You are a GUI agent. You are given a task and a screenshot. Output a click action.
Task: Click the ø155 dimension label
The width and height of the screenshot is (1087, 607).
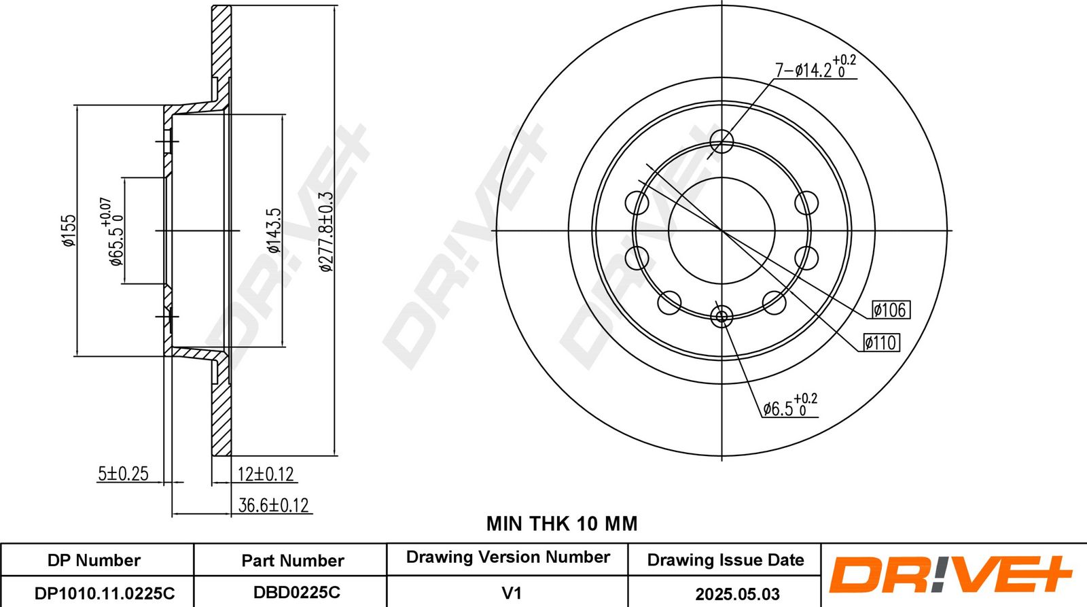click(x=69, y=230)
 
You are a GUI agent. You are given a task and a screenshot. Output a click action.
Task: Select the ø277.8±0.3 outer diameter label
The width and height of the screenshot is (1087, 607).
click(x=326, y=231)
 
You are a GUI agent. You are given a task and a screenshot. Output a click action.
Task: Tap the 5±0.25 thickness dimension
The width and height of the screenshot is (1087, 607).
click(x=123, y=474)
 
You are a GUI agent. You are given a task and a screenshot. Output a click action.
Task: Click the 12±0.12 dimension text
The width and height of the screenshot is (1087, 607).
click(x=266, y=474)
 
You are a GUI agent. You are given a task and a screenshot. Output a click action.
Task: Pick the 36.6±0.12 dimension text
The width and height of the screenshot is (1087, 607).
click(x=274, y=506)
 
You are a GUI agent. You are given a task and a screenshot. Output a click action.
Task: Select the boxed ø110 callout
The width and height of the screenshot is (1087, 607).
click(x=881, y=343)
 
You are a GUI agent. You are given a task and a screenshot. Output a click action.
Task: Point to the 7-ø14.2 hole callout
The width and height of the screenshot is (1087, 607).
click(x=815, y=67)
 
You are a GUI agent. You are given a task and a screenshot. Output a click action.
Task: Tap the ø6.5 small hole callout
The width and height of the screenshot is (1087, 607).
click(x=790, y=406)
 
